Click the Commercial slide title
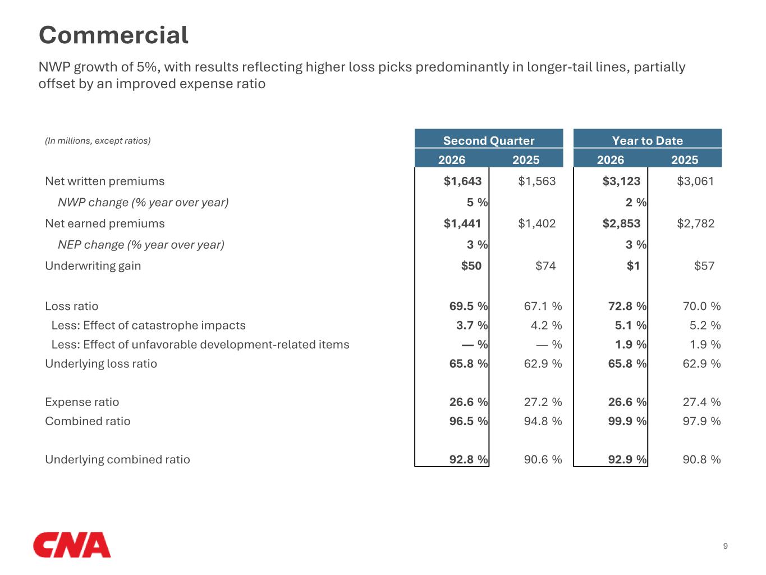click(x=113, y=35)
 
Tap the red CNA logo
click(x=72, y=545)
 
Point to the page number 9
click(x=725, y=546)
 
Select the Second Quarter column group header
click(x=489, y=141)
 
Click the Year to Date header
click(x=648, y=141)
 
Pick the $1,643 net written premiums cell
click(x=462, y=181)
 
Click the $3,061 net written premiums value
click(x=695, y=181)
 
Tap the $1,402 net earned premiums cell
click(x=536, y=223)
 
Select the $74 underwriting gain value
click(x=545, y=266)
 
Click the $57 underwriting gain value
click(x=704, y=266)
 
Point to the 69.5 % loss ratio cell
click(x=469, y=306)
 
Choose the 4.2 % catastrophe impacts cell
click(x=546, y=325)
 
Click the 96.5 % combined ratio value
click(x=469, y=421)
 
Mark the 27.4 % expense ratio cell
click(x=701, y=402)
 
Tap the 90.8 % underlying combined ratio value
click(x=701, y=460)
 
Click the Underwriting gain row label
click(x=93, y=266)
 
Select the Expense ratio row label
click(x=82, y=402)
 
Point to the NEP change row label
click(x=141, y=245)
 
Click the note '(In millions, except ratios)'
click(x=98, y=141)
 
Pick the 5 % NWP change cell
click(x=477, y=203)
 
